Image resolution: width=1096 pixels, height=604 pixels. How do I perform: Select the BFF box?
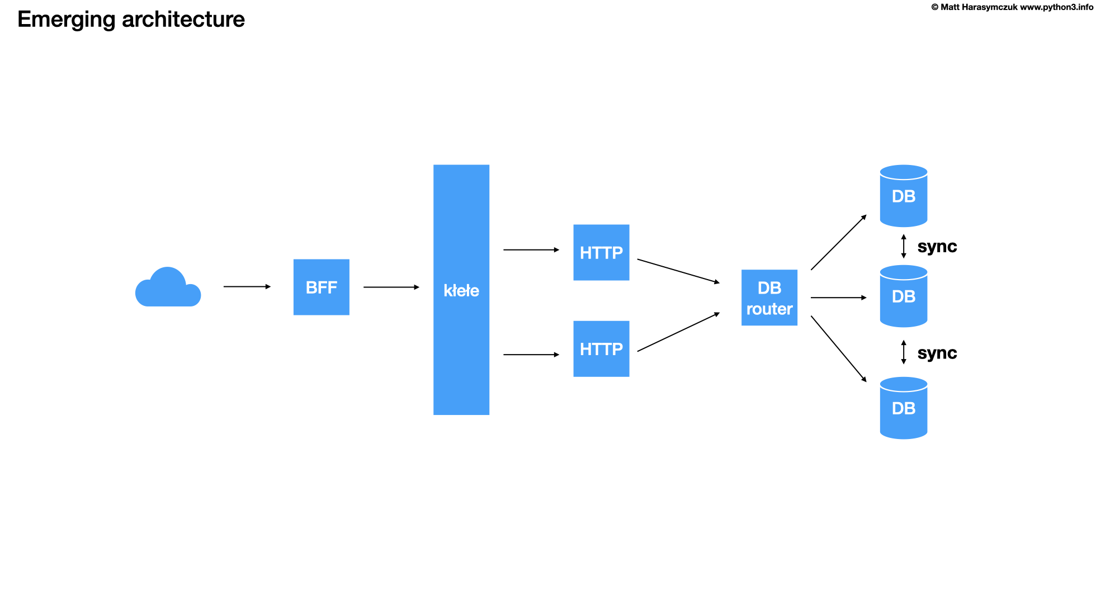point(322,287)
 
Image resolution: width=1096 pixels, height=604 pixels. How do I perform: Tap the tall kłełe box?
point(461,290)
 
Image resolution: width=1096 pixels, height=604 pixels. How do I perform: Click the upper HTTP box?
point(601,252)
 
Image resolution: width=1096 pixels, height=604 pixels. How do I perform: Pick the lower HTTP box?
point(601,348)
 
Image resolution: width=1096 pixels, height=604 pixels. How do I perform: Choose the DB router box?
point(769,298)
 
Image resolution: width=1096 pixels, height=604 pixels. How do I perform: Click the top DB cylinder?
point(904,196)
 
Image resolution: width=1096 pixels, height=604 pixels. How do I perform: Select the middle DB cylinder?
point(904,296)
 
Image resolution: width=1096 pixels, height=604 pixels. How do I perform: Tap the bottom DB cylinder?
point(904,408)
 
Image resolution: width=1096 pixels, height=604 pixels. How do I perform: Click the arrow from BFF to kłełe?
point(391,287)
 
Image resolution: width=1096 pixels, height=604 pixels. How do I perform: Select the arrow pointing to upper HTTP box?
point(531,250)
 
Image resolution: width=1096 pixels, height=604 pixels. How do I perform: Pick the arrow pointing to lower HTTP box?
point(531,355)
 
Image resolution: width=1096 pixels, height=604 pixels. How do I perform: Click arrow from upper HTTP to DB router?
point(678,271)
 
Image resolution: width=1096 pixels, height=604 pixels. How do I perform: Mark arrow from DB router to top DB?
point(839,242)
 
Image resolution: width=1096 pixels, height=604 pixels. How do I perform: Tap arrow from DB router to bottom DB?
point(839,349)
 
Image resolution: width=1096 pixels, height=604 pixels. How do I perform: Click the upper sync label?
point(937,247)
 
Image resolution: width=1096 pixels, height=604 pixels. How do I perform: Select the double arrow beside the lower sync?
point(904,352)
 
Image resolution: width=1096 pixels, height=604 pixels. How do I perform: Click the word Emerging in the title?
point(66,20)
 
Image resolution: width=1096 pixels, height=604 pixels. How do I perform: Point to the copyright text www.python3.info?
point(1056,7)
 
